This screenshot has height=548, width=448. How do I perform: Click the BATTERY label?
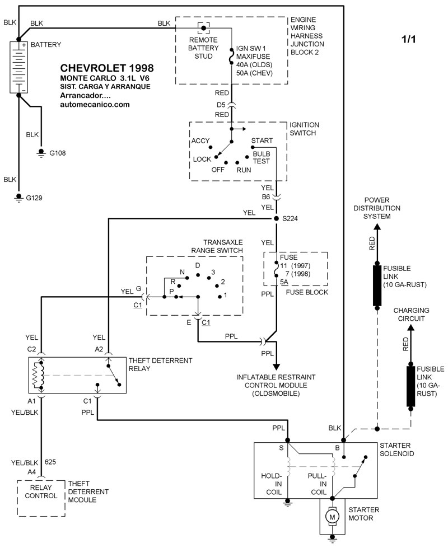(x=46, y=44)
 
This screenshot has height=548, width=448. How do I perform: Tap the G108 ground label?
(x=57, y=152)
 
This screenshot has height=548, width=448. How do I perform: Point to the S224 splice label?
(x=291, y=218)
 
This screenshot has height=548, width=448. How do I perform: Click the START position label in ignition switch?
(x=262, y=140)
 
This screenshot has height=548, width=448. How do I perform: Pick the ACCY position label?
(x=200, y=140)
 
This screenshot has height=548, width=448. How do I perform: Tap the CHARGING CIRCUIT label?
(x=410, y=314)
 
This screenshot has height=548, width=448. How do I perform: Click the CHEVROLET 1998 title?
(x=106, y=68)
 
